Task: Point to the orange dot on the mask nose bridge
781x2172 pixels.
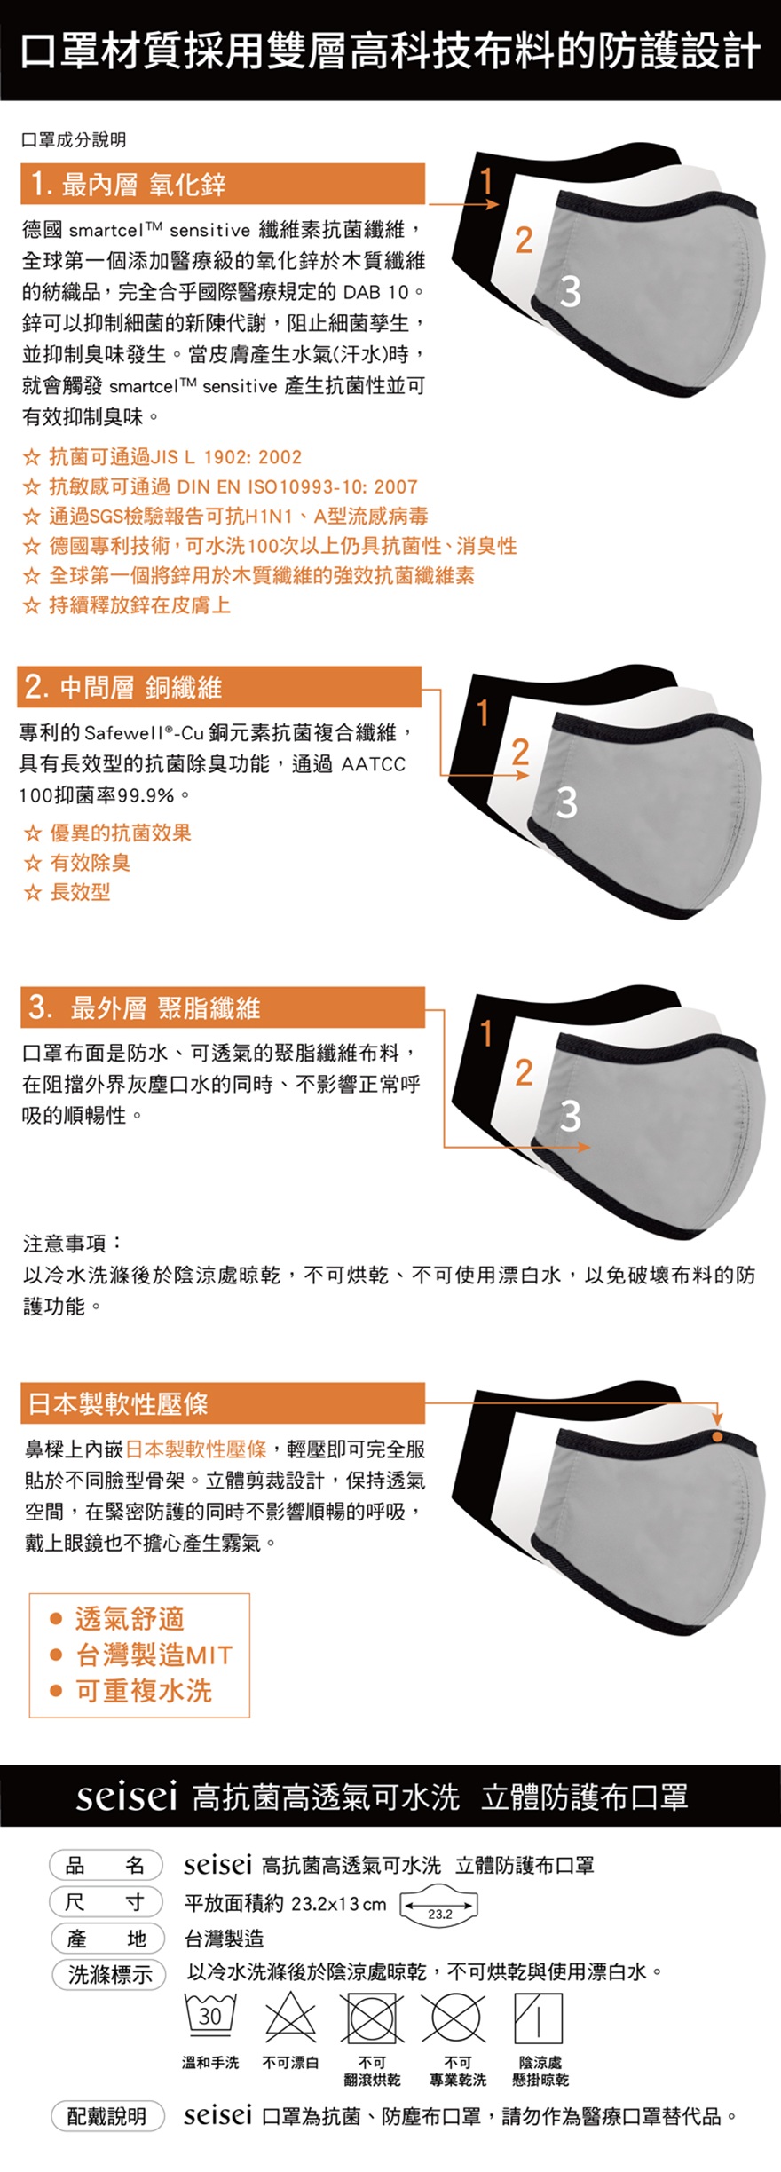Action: [717, 1437]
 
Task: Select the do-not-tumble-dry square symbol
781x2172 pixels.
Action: [372, 2018]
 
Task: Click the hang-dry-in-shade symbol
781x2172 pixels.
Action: [539, 2018]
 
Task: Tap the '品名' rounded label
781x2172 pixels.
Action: [106, 1865]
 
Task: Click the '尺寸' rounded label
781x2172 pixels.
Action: [106, 1901]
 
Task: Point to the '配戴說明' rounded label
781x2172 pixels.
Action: [108, 2117]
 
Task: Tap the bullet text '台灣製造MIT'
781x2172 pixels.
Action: [154, 1655]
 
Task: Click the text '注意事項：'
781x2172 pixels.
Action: [73, 1243]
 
